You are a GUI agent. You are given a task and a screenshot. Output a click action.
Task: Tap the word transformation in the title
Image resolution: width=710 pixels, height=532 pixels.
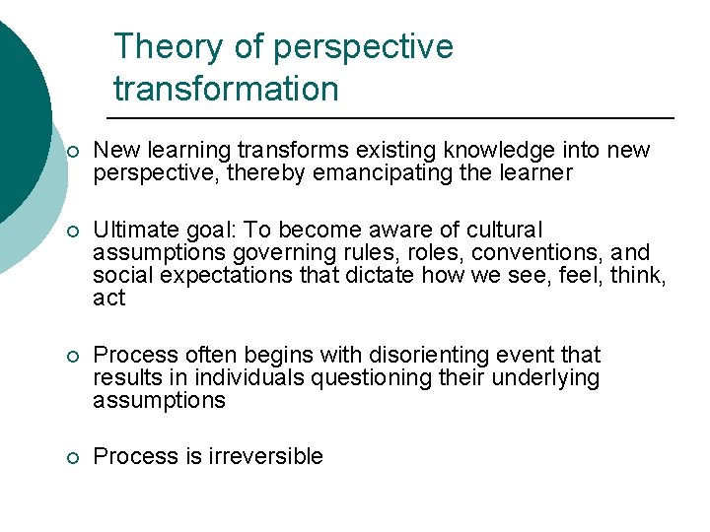(226, 89)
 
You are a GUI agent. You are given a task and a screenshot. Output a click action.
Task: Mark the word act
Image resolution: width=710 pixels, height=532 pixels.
(108, 298)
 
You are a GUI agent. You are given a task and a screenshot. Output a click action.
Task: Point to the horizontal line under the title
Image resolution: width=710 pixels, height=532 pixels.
(394, 118)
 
